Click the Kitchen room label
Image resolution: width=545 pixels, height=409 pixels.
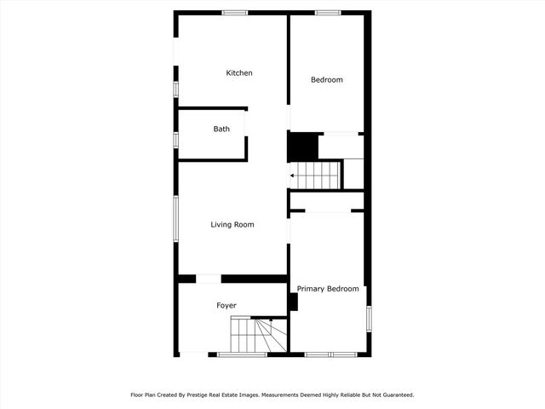238,73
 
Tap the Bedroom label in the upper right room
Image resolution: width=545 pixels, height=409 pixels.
326,80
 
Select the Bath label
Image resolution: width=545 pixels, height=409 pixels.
221,130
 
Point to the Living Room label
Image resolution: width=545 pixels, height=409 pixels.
232,225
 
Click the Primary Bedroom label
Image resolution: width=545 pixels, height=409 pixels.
328,289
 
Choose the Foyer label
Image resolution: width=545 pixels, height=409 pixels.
226,305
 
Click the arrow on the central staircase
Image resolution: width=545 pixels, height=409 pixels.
294,176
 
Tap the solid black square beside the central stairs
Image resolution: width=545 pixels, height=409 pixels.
302,147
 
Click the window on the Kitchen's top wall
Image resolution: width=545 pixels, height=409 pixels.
234,13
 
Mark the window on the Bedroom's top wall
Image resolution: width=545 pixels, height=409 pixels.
328,13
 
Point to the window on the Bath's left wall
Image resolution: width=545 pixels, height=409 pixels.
176,139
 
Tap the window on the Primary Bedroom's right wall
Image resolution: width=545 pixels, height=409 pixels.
369,317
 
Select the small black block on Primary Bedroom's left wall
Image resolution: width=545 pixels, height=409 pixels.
293,302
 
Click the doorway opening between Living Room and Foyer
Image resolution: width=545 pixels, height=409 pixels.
209,279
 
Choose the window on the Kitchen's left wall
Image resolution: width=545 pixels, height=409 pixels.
176,89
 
